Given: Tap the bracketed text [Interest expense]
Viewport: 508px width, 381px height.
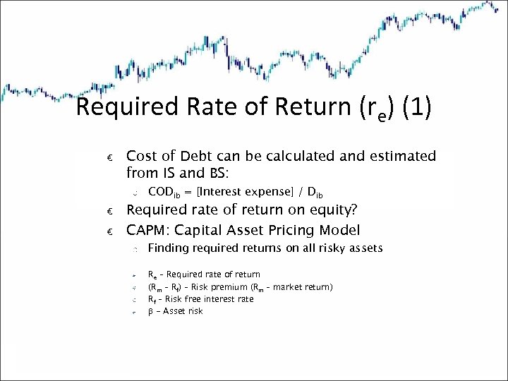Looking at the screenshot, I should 240,192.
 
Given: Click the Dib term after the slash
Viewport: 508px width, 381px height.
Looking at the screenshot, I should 315,193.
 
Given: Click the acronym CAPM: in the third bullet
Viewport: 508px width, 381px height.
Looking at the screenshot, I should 147,230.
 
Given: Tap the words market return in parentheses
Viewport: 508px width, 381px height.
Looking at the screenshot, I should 307,287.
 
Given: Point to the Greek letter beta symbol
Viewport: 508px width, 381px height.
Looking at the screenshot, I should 150,311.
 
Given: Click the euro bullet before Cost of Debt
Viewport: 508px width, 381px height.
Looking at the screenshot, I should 109,157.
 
